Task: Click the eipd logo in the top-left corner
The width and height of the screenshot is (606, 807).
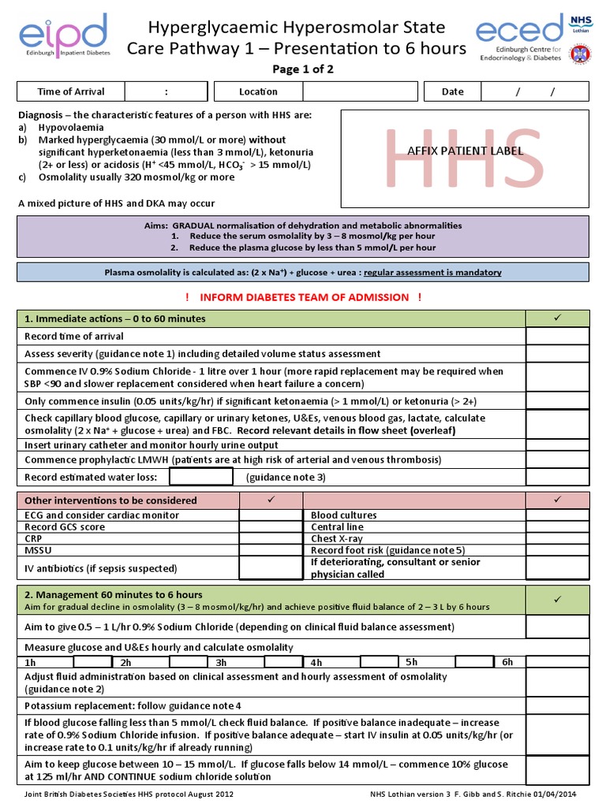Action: [x=63, y=35]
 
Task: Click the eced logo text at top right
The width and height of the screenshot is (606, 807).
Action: [x=519, y=32]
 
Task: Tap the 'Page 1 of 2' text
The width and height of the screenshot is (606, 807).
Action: [x=303, y=69]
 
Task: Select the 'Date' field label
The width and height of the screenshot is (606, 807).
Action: [x=452, y=91]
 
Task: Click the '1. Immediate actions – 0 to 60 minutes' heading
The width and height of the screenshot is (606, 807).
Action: [x=115, y=318]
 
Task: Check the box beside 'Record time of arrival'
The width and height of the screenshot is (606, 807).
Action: [x=557, y=337]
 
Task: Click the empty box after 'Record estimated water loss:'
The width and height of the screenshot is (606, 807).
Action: [x=201, y=477]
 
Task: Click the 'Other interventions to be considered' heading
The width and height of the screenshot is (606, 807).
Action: [x=111, y=500]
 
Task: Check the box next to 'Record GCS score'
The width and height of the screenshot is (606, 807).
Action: [x=271, y=527]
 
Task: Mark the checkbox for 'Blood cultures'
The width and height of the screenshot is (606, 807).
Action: [x=557, y=515]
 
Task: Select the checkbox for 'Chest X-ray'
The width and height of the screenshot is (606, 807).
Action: [x=557, y=539]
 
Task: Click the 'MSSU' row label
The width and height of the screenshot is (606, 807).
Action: [x=38, y=550]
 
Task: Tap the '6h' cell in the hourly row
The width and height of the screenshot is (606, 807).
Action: [x=507, y=662]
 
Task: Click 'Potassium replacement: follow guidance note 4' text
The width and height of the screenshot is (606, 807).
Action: [x=133, y=705]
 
